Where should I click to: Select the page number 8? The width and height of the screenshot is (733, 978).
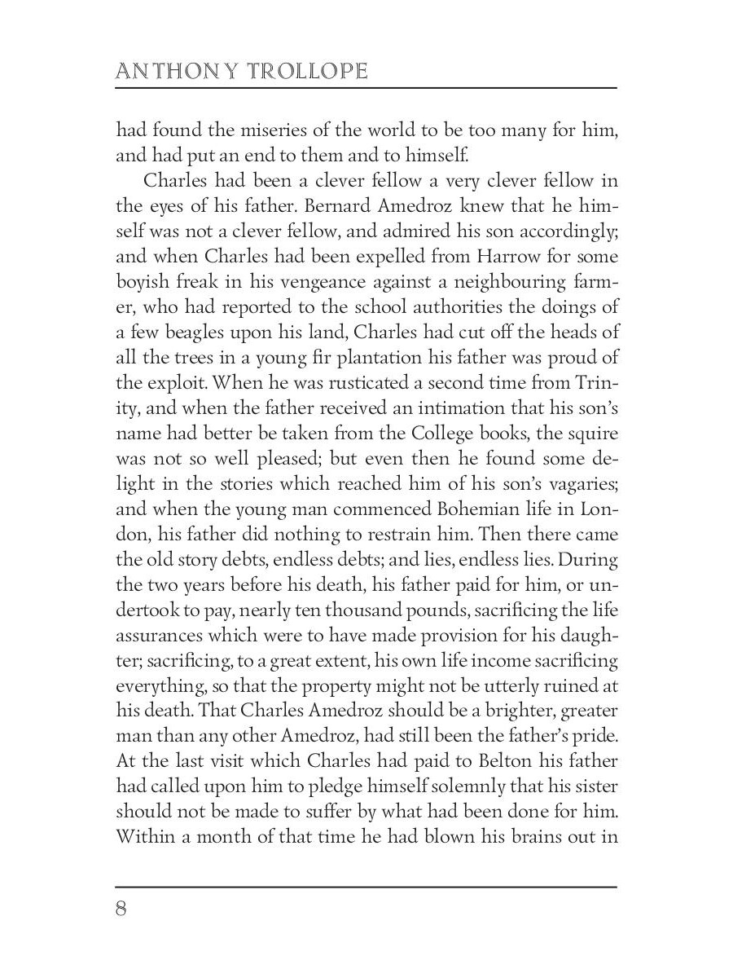coord(121,909)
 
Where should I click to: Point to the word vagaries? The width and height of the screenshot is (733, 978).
coord(575,484)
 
